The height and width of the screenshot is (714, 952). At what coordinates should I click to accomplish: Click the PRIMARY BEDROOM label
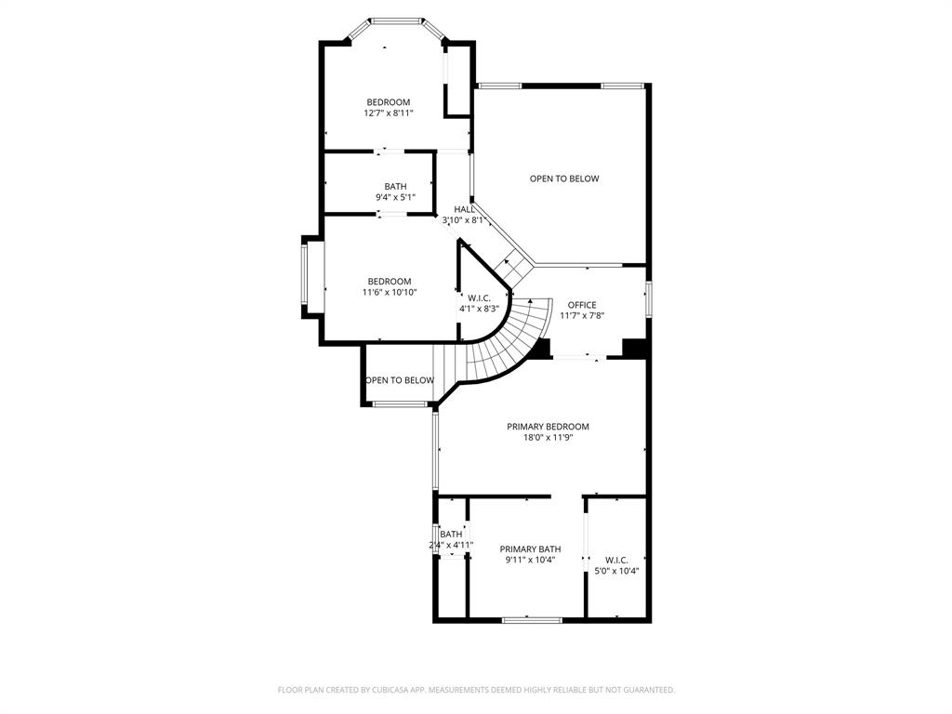coord(548,427)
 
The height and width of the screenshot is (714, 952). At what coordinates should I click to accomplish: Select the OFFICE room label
coord(582,305)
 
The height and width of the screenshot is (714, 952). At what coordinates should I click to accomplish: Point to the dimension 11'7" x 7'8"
coord(582,315)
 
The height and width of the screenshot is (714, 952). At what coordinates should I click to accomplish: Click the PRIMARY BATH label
coord(530,549)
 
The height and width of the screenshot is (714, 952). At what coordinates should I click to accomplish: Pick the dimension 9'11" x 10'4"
coord(530,560)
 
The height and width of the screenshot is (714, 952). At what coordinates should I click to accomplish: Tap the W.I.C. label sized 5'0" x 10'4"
coord(616,560)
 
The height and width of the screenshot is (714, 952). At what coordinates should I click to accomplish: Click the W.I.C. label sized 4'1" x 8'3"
coord(479,297)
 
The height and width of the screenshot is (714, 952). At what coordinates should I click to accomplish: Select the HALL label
coord(465,209)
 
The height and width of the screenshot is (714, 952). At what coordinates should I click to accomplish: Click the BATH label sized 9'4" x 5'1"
coord(395,186)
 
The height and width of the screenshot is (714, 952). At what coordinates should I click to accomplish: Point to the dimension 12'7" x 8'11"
coord(388,112)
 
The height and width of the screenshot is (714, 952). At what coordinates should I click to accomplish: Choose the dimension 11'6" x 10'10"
coord(389,292)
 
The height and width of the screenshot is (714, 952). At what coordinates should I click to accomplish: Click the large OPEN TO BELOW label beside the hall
coord(564,178)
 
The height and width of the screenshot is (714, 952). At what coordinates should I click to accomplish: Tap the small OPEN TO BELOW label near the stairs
coord(400,380)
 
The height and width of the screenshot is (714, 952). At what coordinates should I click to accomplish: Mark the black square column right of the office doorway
coord(634,348)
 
